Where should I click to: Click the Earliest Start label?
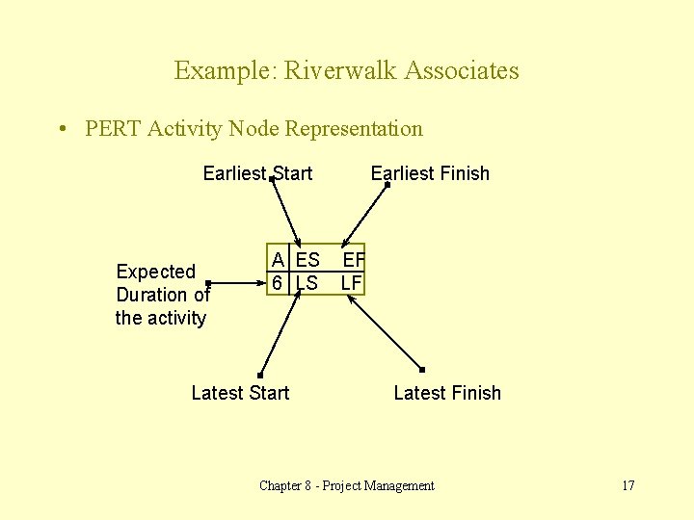pyautogui.click(x=257, y=174)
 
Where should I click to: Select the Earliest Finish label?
pyautogui.click(x=430, y=174)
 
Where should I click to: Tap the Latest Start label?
pyautogui.click(x=240, y=393)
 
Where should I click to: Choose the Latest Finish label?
pyautogui.click(x=447, y=393)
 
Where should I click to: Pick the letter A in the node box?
pyautogui.click(x=278, y=260)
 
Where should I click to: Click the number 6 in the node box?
pyautogui.click(x=277, y=283)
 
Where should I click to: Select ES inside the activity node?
pyautogui.click(x=308, y=260)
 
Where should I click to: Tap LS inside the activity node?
pyautogui.click(x=307, y=283)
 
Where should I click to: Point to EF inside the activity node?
pyautogui.click(x=353, y=260)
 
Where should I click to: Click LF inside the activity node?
pyautogui.click(x=352, y=283)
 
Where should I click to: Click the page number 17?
pyautogui.click(x=627, y=486)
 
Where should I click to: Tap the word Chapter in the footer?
pyautogui.click(x=280, y=486)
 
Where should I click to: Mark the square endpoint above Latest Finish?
pyautogui.click(x=421, y=370)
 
